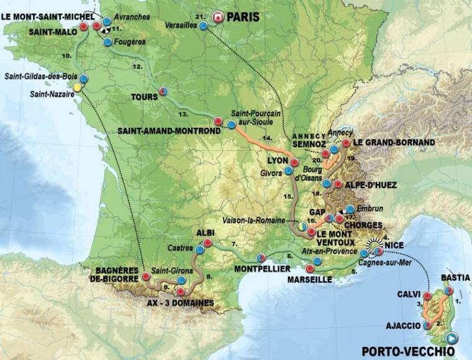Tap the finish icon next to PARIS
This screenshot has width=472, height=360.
pos(217,17)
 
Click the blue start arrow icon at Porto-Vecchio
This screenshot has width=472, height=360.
pos(452,338)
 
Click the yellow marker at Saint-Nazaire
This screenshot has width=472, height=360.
pos(77,88)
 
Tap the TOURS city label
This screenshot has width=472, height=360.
pos(144,97)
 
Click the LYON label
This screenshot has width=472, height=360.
pos(277,160)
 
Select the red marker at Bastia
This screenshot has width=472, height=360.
pos(448,290)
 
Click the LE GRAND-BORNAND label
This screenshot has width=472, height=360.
pos(394,142)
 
